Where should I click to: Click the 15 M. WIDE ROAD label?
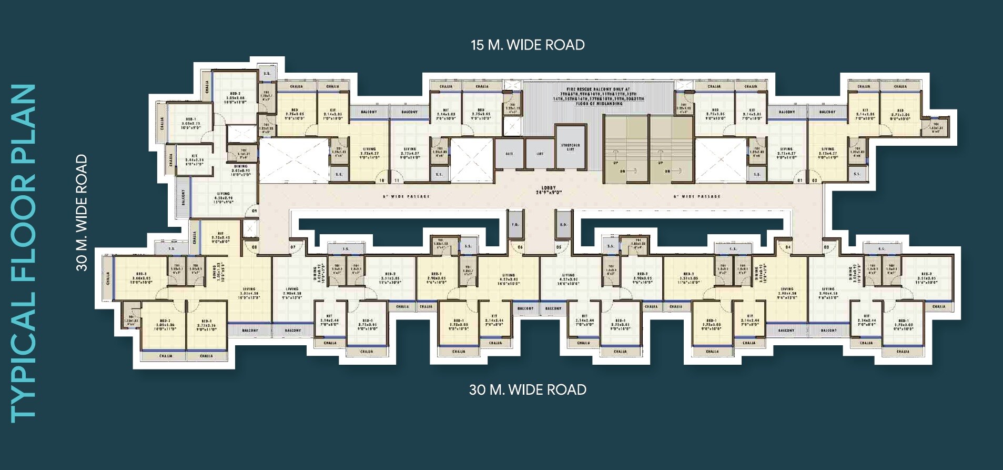[528, 45]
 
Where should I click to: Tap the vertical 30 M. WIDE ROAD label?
[82, 213]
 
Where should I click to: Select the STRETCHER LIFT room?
[570, 147]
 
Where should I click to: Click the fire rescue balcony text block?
[598, 96]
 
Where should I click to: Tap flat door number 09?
[254, 211]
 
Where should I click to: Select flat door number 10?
[382, 181]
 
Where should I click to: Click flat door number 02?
[814, 181]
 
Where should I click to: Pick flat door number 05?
[559, 247]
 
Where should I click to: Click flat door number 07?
[292, 247]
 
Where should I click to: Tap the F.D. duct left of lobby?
[515, 225]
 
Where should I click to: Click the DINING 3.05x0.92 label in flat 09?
[241, 170]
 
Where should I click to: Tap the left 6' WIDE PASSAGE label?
[406, 196]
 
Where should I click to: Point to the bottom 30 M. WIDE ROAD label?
[528, 390]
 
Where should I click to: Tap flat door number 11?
[397, 181]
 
